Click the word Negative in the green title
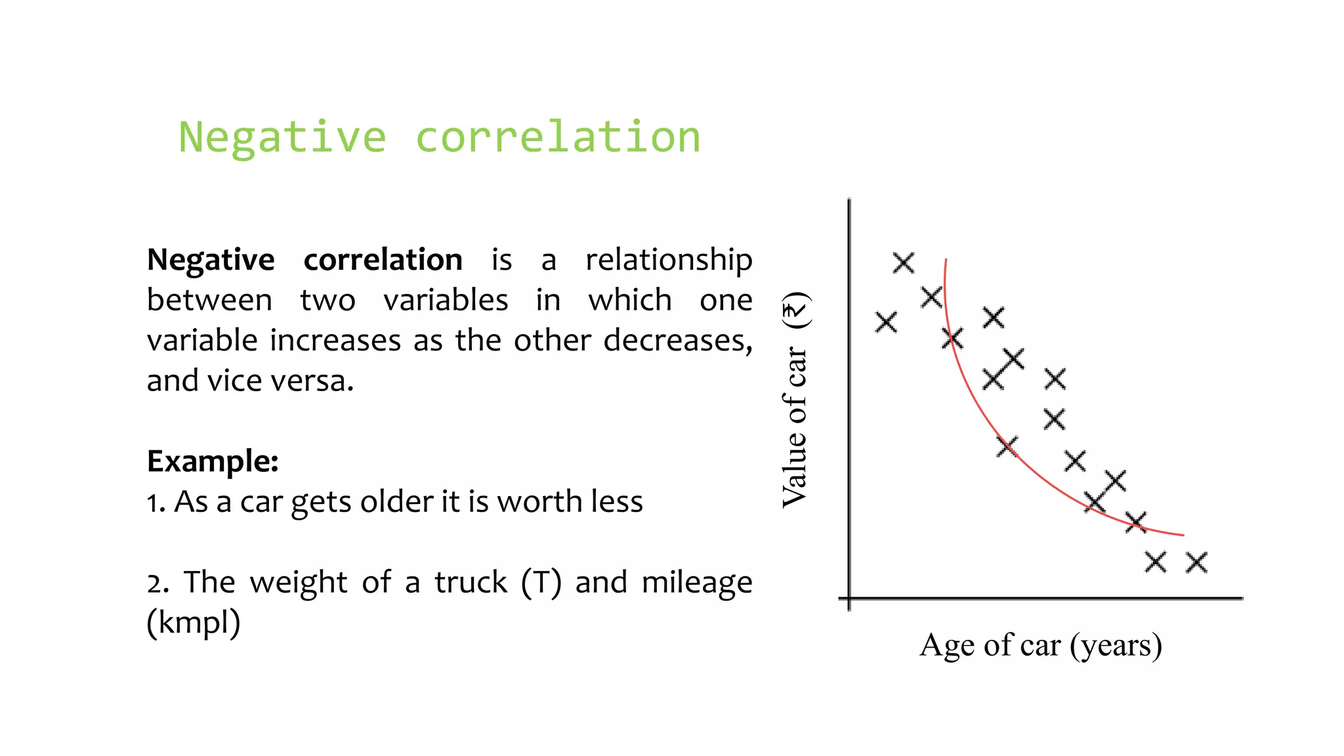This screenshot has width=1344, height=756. [x=282, y=138]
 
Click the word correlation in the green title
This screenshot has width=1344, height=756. [x=558, y=138]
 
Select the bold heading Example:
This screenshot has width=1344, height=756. [x=213, y=461]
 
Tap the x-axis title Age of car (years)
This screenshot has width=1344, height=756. [x=1041, y=645]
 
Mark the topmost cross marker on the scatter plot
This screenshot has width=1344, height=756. [x=904, y=263]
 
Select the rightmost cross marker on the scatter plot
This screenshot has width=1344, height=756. [x=1196, y=562]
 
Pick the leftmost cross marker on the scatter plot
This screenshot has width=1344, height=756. [x=886, y=322]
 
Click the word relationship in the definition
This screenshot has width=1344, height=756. [x=668, y=260]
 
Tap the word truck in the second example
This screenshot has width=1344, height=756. [x=471, y=583]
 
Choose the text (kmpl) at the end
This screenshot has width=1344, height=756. [x=194, y=623]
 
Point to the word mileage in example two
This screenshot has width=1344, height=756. [x=696, y=583]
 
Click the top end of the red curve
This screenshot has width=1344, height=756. [x=946, y=261]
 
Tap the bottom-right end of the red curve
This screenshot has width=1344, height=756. [x=1183, y=535]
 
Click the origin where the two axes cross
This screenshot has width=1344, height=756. [x=849, y=598]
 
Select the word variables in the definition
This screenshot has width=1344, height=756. [x=446, y=301]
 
